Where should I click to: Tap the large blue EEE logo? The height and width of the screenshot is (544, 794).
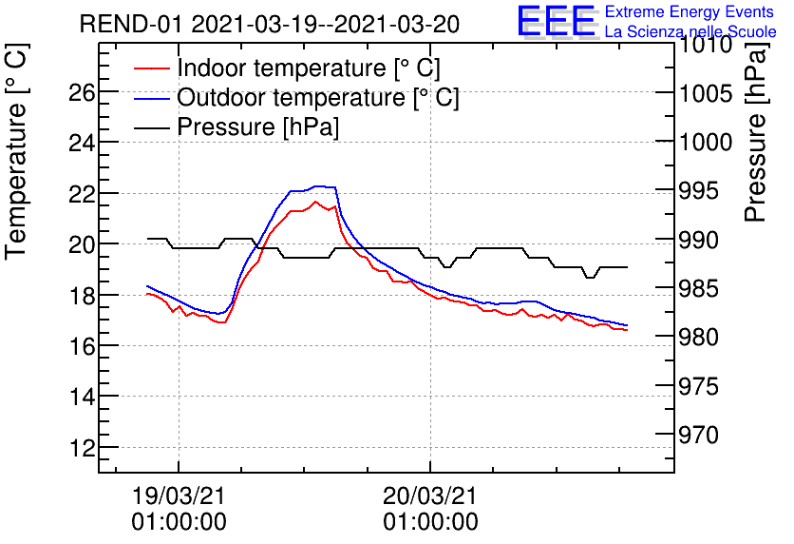[557, 21]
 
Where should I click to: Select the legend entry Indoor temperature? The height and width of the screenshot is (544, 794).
[309, 68]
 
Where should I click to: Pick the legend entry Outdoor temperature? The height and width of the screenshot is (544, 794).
[318, 98]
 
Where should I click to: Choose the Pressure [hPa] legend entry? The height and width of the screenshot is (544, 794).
[258, 127]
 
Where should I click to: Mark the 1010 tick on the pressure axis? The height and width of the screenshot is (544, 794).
[705, 45]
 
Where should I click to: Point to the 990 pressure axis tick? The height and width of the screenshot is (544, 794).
[700, 240]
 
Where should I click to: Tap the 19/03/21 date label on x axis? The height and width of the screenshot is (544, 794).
[179, 496]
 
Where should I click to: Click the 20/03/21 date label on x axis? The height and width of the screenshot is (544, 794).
[430, 496]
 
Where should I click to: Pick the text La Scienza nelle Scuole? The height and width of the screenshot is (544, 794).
[690, 32]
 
